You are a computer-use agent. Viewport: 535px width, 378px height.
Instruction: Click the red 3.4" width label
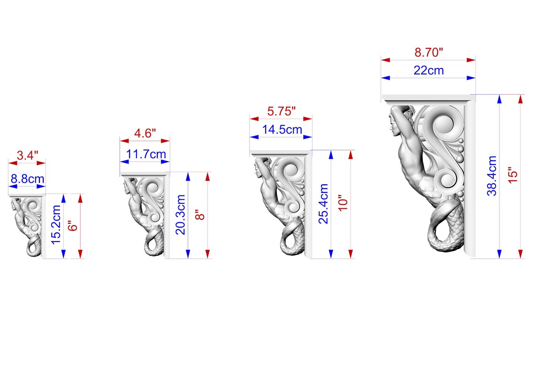coord(27,155)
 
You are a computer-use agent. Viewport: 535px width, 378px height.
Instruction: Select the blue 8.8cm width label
coord(27,179)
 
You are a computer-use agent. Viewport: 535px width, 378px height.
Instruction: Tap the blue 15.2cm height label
coord(56,225)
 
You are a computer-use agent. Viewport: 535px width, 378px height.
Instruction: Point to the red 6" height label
coord(73,227)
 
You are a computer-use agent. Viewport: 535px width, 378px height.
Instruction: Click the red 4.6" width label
coord(145,133)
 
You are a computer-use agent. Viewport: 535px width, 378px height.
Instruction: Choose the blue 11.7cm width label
coord(146,154)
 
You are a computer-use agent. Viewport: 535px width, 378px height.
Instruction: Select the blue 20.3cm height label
coord(181,215)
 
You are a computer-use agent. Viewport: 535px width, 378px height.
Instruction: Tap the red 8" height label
coord(200,215)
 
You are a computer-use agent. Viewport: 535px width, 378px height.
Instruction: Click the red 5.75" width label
coord(281,111)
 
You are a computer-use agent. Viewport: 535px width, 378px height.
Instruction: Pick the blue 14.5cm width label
coord(282,129)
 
